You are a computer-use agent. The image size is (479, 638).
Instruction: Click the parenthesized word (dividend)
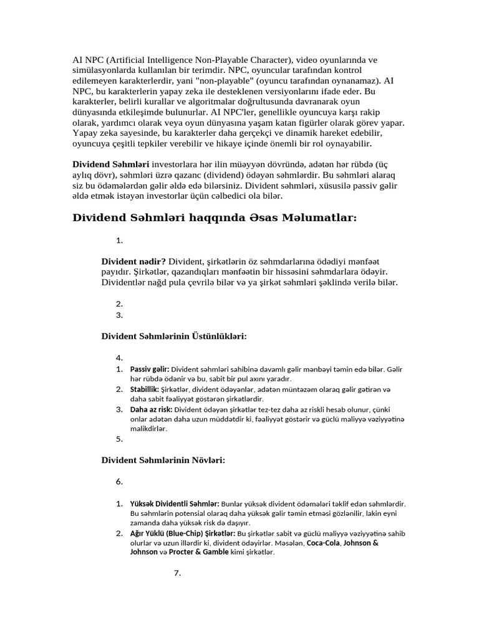(x=232, y=175)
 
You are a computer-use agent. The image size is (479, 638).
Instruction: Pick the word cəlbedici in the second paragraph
(x=214, y=196)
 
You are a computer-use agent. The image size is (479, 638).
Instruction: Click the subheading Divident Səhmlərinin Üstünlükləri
(x=174, y=336)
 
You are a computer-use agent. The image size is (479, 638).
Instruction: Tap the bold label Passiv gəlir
(x=149, y=369)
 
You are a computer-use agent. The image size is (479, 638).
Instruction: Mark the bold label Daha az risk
(x=152, y=409)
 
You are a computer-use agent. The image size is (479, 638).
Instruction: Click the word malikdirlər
(x=149, y=429)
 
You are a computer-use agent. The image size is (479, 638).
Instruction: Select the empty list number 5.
(x=120, y=439)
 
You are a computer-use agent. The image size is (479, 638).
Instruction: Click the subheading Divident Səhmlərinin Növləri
(x=163, y=460)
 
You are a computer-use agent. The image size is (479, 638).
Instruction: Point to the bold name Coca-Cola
(x=324, y=543)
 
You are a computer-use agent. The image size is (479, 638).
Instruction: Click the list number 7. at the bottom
(x=178, y=573)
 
